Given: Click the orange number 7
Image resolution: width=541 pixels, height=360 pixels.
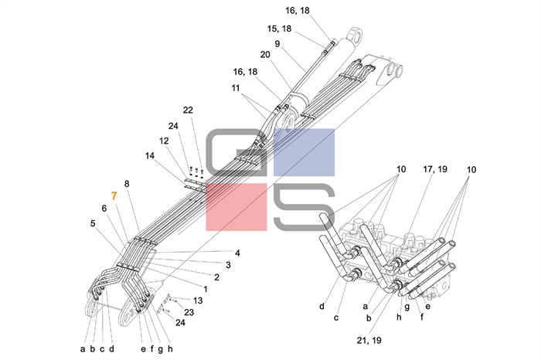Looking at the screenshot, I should click(x=114, y=196).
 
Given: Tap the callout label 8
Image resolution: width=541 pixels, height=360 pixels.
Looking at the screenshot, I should click(x=127, y=184).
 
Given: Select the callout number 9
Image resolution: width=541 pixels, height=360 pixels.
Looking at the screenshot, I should click(x=277, y=44).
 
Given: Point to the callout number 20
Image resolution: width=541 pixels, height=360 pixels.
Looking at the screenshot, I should click(x=265, y=56).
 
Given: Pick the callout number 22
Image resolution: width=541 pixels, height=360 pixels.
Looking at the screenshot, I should click(x=188, y=110).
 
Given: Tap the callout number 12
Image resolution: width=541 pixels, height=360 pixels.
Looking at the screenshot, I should click(x=164, y=141).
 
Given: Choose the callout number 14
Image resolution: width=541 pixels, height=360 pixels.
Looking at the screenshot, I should click(x=149, y=155).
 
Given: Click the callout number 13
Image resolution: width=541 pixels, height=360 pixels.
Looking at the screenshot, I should click(x=199, y=300).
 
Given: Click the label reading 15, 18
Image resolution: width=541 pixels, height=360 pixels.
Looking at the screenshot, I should click(x=278, y=29).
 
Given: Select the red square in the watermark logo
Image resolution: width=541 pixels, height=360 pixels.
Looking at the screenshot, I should click(x=235, y=207).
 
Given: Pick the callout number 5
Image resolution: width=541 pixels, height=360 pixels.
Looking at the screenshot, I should click(x=93, y=224).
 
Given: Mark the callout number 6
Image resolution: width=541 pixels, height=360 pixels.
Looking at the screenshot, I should click(x=104, y=209).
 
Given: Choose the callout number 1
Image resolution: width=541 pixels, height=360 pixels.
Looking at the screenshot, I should click(x=206, y=288).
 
